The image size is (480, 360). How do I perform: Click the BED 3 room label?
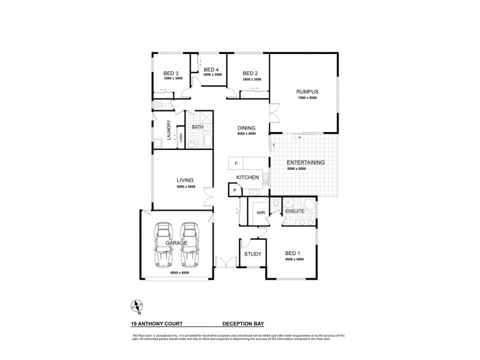[172, 73]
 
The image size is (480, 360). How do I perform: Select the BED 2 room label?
[251, 73]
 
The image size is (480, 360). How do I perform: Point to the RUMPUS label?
[305, 92]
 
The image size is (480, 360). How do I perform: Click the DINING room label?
[246, 128]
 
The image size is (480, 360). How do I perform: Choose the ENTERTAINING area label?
[305, 163]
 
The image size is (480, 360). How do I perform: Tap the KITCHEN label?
[247, 178]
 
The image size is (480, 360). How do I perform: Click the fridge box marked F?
[236, 163]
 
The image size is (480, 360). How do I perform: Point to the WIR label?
[261, 212]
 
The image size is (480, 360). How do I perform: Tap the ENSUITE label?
[295, 212]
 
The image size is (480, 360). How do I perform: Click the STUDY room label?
[253, 254]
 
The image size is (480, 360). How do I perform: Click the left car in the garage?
[163, 245]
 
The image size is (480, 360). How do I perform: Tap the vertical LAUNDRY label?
[169, 131]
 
